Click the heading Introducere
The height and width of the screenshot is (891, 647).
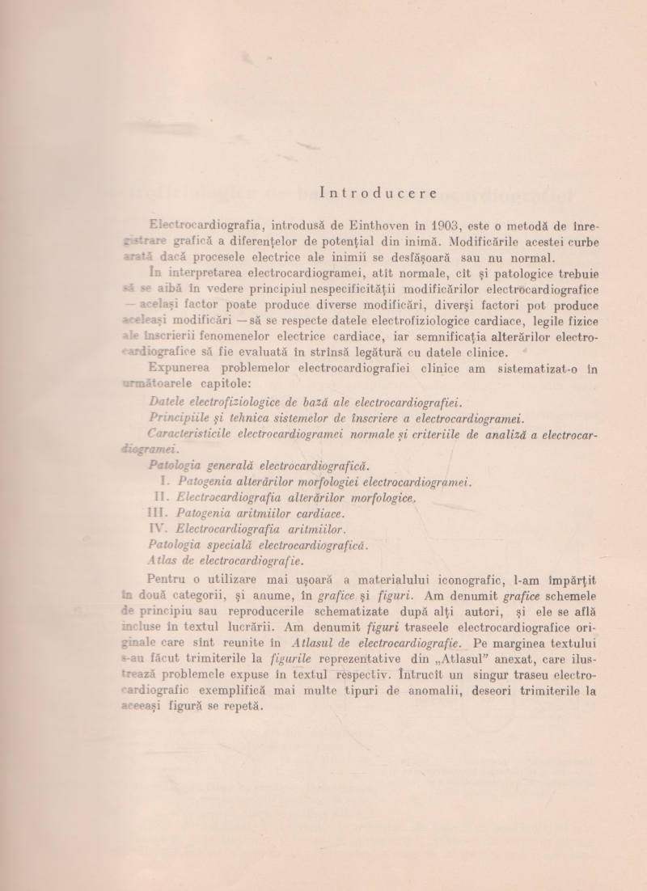coord(378,192)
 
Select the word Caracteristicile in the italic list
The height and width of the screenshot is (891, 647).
coord(191,434)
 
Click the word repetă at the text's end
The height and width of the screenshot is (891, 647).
coord(242,705)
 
